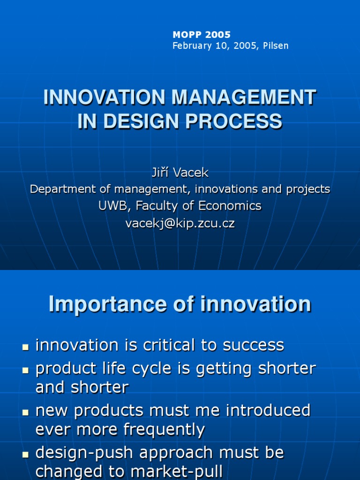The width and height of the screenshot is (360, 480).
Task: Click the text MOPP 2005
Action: tap(202, 35)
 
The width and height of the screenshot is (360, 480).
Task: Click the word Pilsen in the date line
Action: tap(276, 45)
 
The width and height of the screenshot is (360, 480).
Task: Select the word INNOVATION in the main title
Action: tap(105, 97)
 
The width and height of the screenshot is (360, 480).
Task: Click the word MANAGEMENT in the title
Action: tap(244, 97)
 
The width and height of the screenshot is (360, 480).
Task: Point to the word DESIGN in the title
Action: tap(141, 121)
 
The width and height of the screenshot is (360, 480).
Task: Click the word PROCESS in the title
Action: tap(233, 121)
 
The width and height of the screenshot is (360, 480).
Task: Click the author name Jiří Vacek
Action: tap(180, 172)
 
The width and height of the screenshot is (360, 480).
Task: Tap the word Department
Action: tap(63, 189)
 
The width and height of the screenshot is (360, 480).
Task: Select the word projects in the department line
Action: tap(308, 190)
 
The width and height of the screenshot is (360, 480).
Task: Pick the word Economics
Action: tap(230, 206)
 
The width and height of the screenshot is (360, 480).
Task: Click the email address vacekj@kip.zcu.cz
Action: tap(180, 224)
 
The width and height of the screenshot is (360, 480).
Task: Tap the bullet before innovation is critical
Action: tap(25, 347)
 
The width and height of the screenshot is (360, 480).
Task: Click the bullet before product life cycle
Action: tap(25, 370)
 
